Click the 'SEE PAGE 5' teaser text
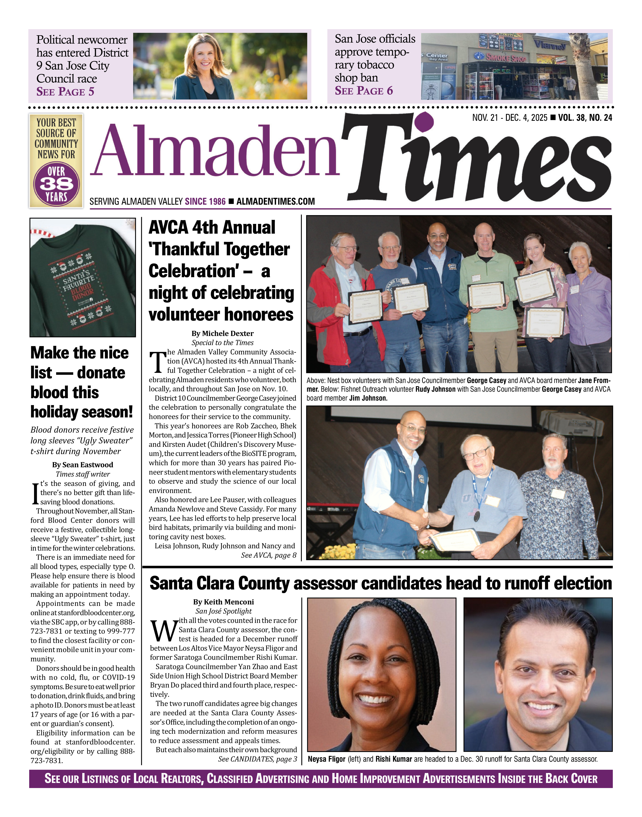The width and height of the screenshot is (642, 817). tap(65, 92)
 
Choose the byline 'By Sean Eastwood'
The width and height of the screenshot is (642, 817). tap(83, 465)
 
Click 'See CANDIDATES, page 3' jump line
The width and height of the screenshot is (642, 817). tap(258, 759)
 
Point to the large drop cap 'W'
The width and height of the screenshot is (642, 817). tap(164, 631)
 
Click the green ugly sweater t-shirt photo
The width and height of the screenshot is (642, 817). tap(83, 277)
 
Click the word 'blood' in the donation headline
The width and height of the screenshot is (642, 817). tap(65, 392)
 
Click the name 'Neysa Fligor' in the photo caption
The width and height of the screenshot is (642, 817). tap(326, 759)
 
